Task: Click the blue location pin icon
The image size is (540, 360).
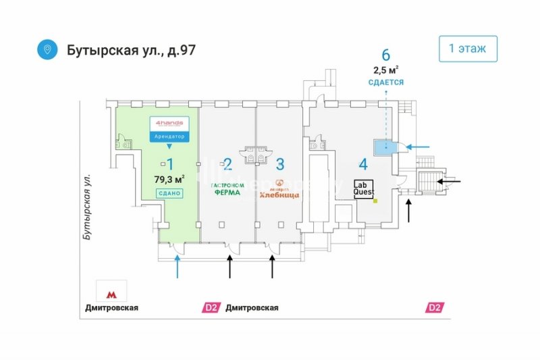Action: coord(47,50)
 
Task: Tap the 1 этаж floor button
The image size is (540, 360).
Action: coord(468,49)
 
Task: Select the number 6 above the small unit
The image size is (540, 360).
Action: coord(385,55)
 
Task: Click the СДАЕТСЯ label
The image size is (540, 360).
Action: coord(385,82)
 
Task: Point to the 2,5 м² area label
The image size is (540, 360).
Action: coord(385,69)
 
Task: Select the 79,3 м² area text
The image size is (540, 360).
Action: coord(169,179)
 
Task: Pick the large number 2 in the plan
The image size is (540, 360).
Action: coord(227,163)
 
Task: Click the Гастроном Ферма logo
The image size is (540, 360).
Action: coord(227,188)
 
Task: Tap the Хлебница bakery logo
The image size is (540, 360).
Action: coord(279,188)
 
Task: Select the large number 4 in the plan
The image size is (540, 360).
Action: coord(363,163)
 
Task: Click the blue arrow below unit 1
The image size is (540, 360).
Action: coord(178,267)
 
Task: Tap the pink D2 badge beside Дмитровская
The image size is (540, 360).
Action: coord(211,308)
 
